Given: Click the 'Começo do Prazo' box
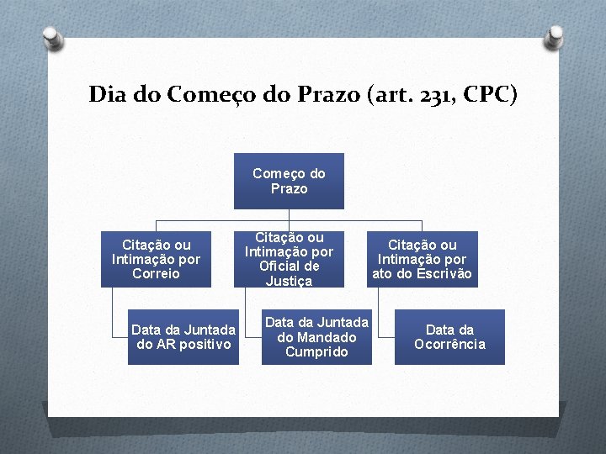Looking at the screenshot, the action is tap(289, 181).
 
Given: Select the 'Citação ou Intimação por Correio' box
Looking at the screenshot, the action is tap(156, 259).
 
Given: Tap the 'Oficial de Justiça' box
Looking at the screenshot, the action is tap(289, 259).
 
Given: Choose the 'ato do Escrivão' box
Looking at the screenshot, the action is tap(422, 259).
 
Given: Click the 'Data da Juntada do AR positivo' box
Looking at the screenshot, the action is tap(183, 337).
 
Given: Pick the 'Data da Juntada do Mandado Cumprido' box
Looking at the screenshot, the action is tap(316, 337).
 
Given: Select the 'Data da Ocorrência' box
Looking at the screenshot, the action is tap(449, 337).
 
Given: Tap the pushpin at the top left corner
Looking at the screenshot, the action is tap(51, 38).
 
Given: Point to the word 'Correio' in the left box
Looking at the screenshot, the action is tap(156, 273).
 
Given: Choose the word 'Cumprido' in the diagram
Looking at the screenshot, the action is tap(316, 351).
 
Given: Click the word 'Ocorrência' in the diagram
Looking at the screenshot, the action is tap(449, 345).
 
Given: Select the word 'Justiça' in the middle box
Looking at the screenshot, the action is tap(289, 281).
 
